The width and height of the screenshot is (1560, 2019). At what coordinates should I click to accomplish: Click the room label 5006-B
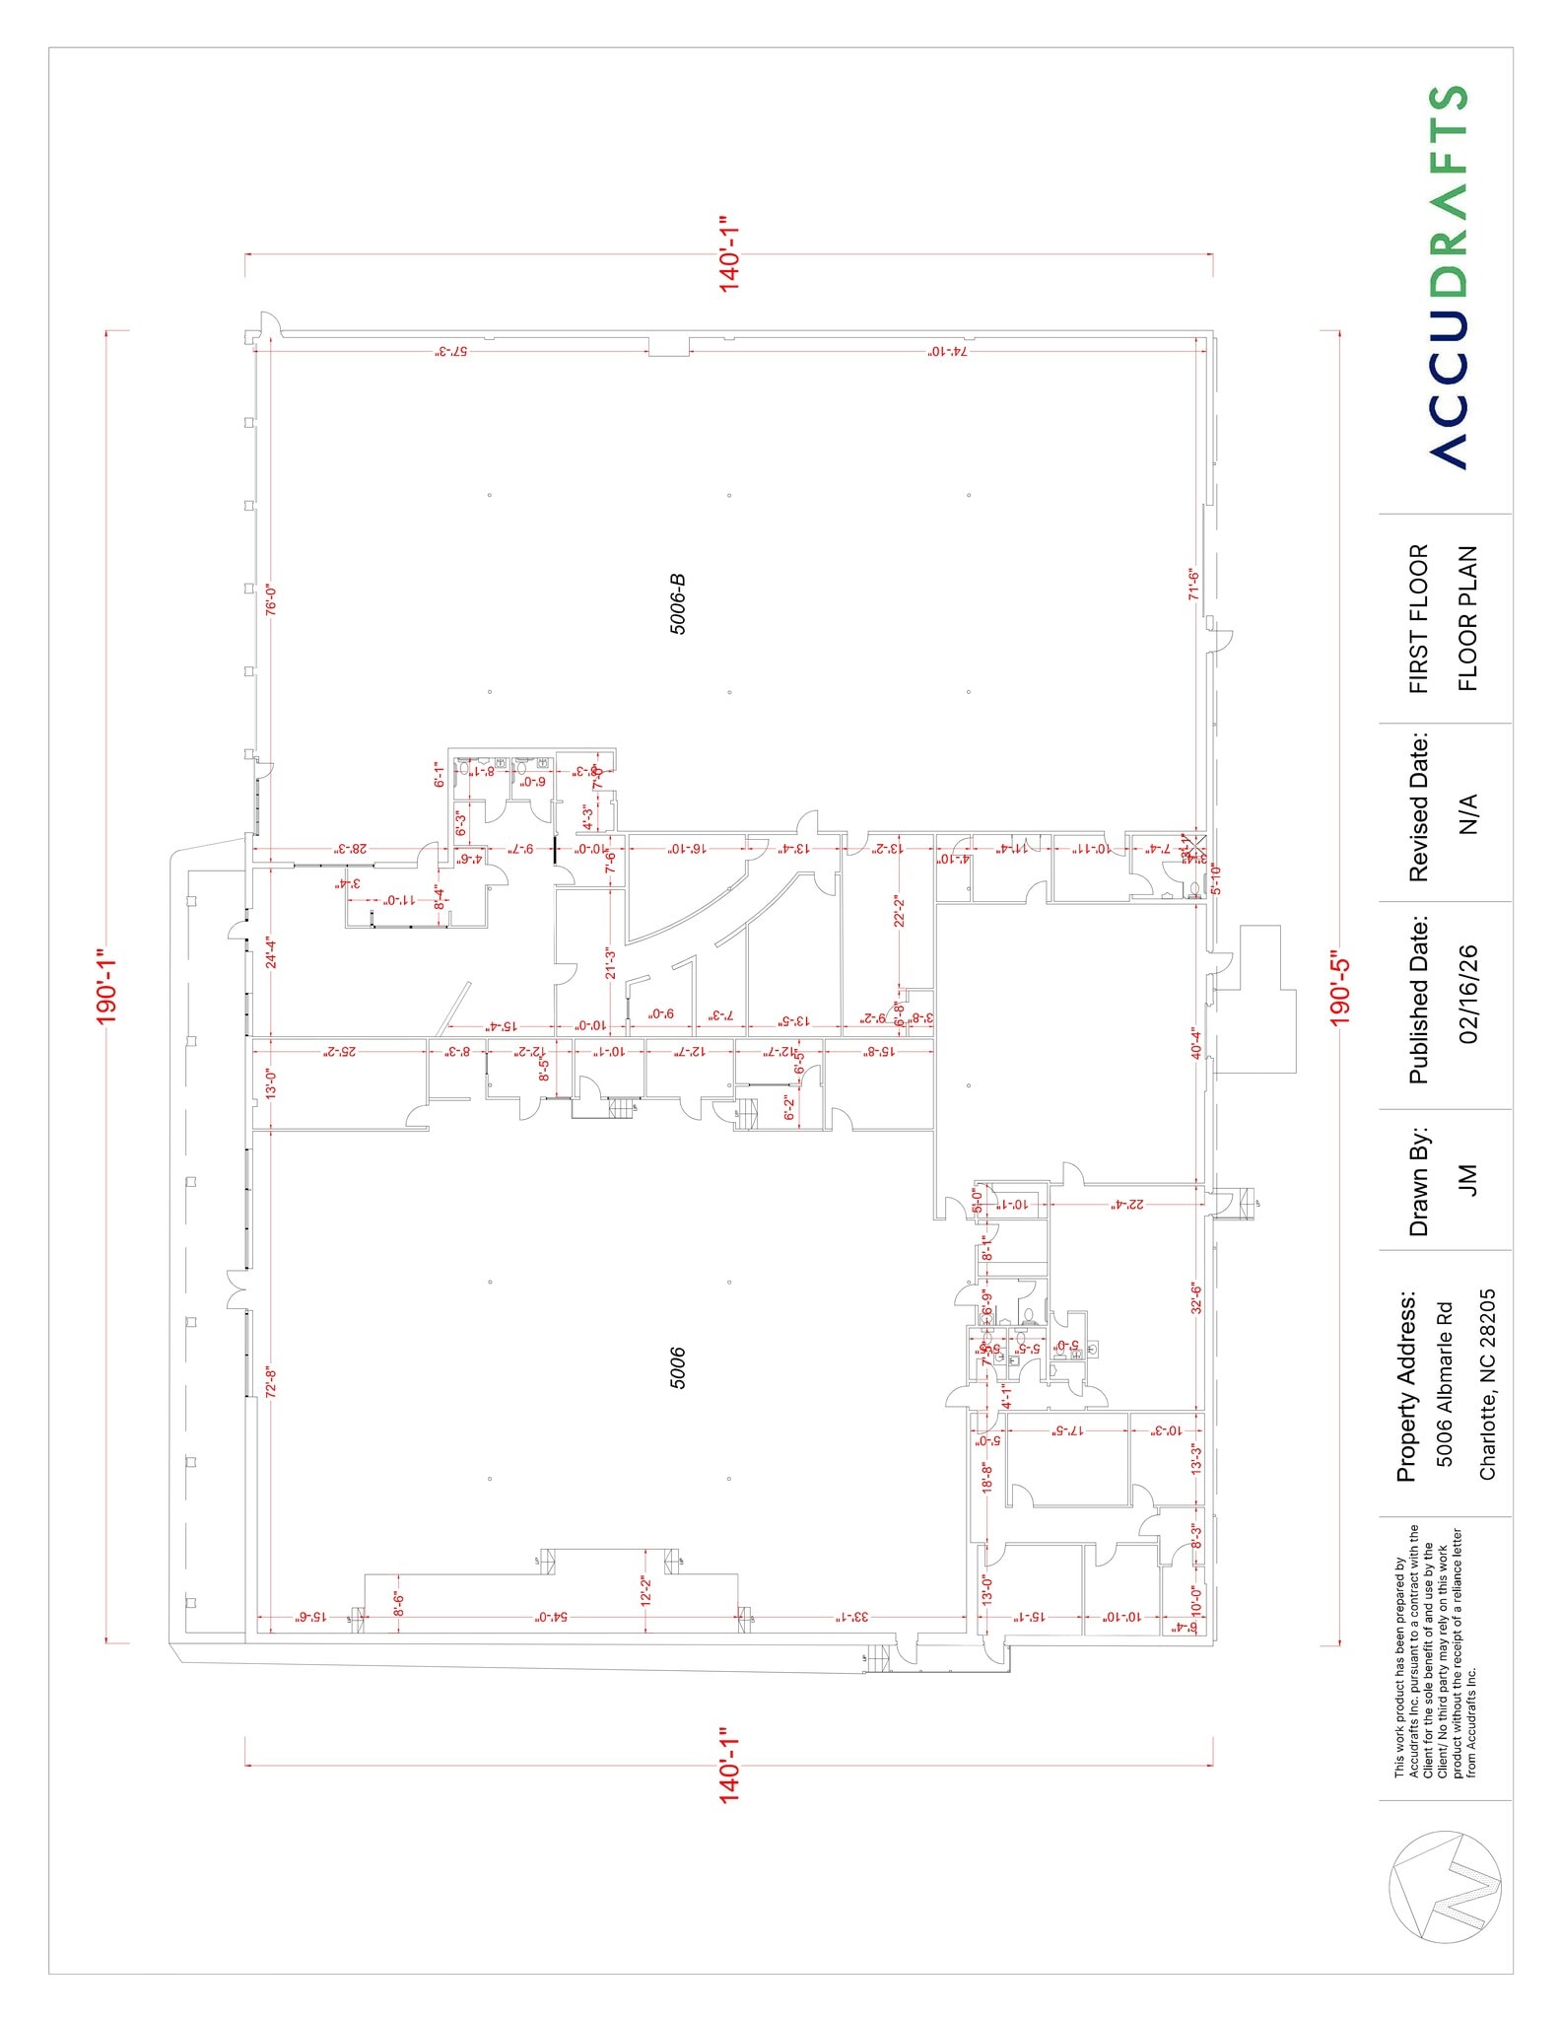[678, 603]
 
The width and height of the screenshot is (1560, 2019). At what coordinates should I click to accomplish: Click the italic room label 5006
[678, 1368]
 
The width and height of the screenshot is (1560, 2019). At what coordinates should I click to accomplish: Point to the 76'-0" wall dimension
[271, 599]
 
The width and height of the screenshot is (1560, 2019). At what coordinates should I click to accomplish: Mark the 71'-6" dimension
[1193, 584]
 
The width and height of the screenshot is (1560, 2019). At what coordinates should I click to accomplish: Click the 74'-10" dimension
[947, 352]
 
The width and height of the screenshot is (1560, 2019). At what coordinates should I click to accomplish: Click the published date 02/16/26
[1468, 995]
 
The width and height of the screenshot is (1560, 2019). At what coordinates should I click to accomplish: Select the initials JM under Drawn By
[1468, 1180]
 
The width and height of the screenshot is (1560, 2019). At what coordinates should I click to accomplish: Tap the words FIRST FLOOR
[1418, 618]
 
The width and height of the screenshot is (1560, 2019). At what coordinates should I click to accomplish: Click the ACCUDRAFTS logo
[1448, 277]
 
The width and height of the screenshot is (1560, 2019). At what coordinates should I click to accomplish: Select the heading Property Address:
[1405, 1385]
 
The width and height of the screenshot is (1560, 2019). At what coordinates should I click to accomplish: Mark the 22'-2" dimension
[899, 911]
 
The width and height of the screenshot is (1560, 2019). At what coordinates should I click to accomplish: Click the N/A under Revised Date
[1468, 813]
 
